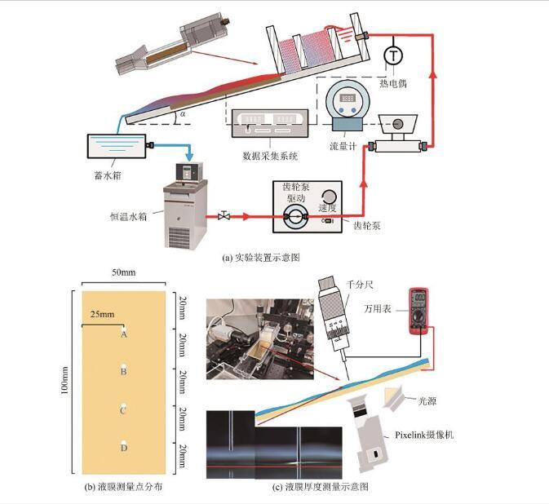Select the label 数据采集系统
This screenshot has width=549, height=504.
coord(271,153)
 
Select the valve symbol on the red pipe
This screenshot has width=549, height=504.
coord(224,217)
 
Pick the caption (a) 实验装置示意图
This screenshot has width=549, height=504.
coord(261,258)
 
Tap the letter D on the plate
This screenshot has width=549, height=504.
coord(123,449)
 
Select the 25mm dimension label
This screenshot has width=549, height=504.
coord(102,312)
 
